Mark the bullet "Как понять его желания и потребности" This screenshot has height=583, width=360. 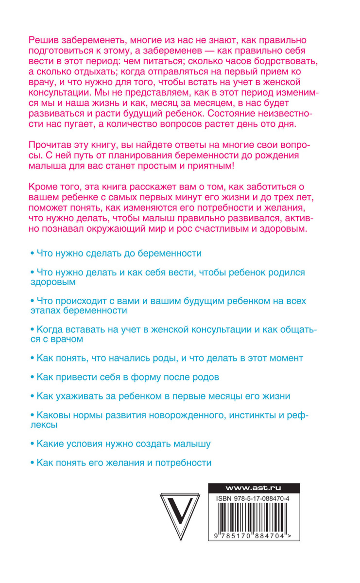(x=124, y=463)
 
